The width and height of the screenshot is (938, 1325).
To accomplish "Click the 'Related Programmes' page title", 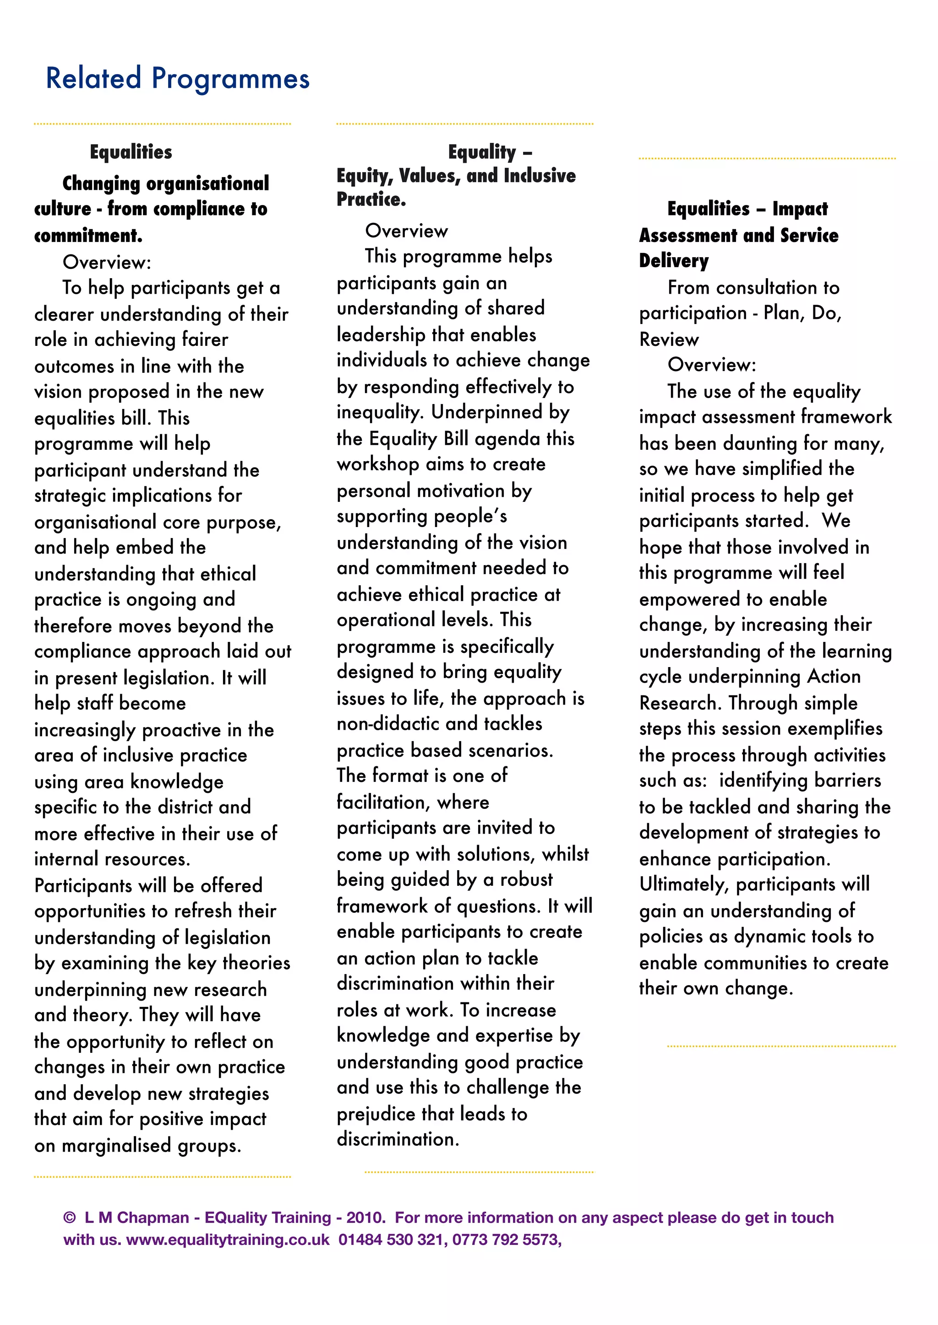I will click(x=177, y=79).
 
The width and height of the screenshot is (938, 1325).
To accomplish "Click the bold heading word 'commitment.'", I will click(x=88, y=236).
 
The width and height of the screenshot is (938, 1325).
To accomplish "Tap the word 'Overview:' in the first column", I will click(x=107, y=263).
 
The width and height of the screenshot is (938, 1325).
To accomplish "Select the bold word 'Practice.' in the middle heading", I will click(x=371, y=199).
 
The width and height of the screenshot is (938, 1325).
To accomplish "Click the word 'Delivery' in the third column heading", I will click(x=673, y=261).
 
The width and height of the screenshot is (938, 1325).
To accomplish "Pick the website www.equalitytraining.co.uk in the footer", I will click(x=228, y=1239).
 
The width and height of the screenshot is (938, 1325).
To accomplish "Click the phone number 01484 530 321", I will click(x=391, y=1239).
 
